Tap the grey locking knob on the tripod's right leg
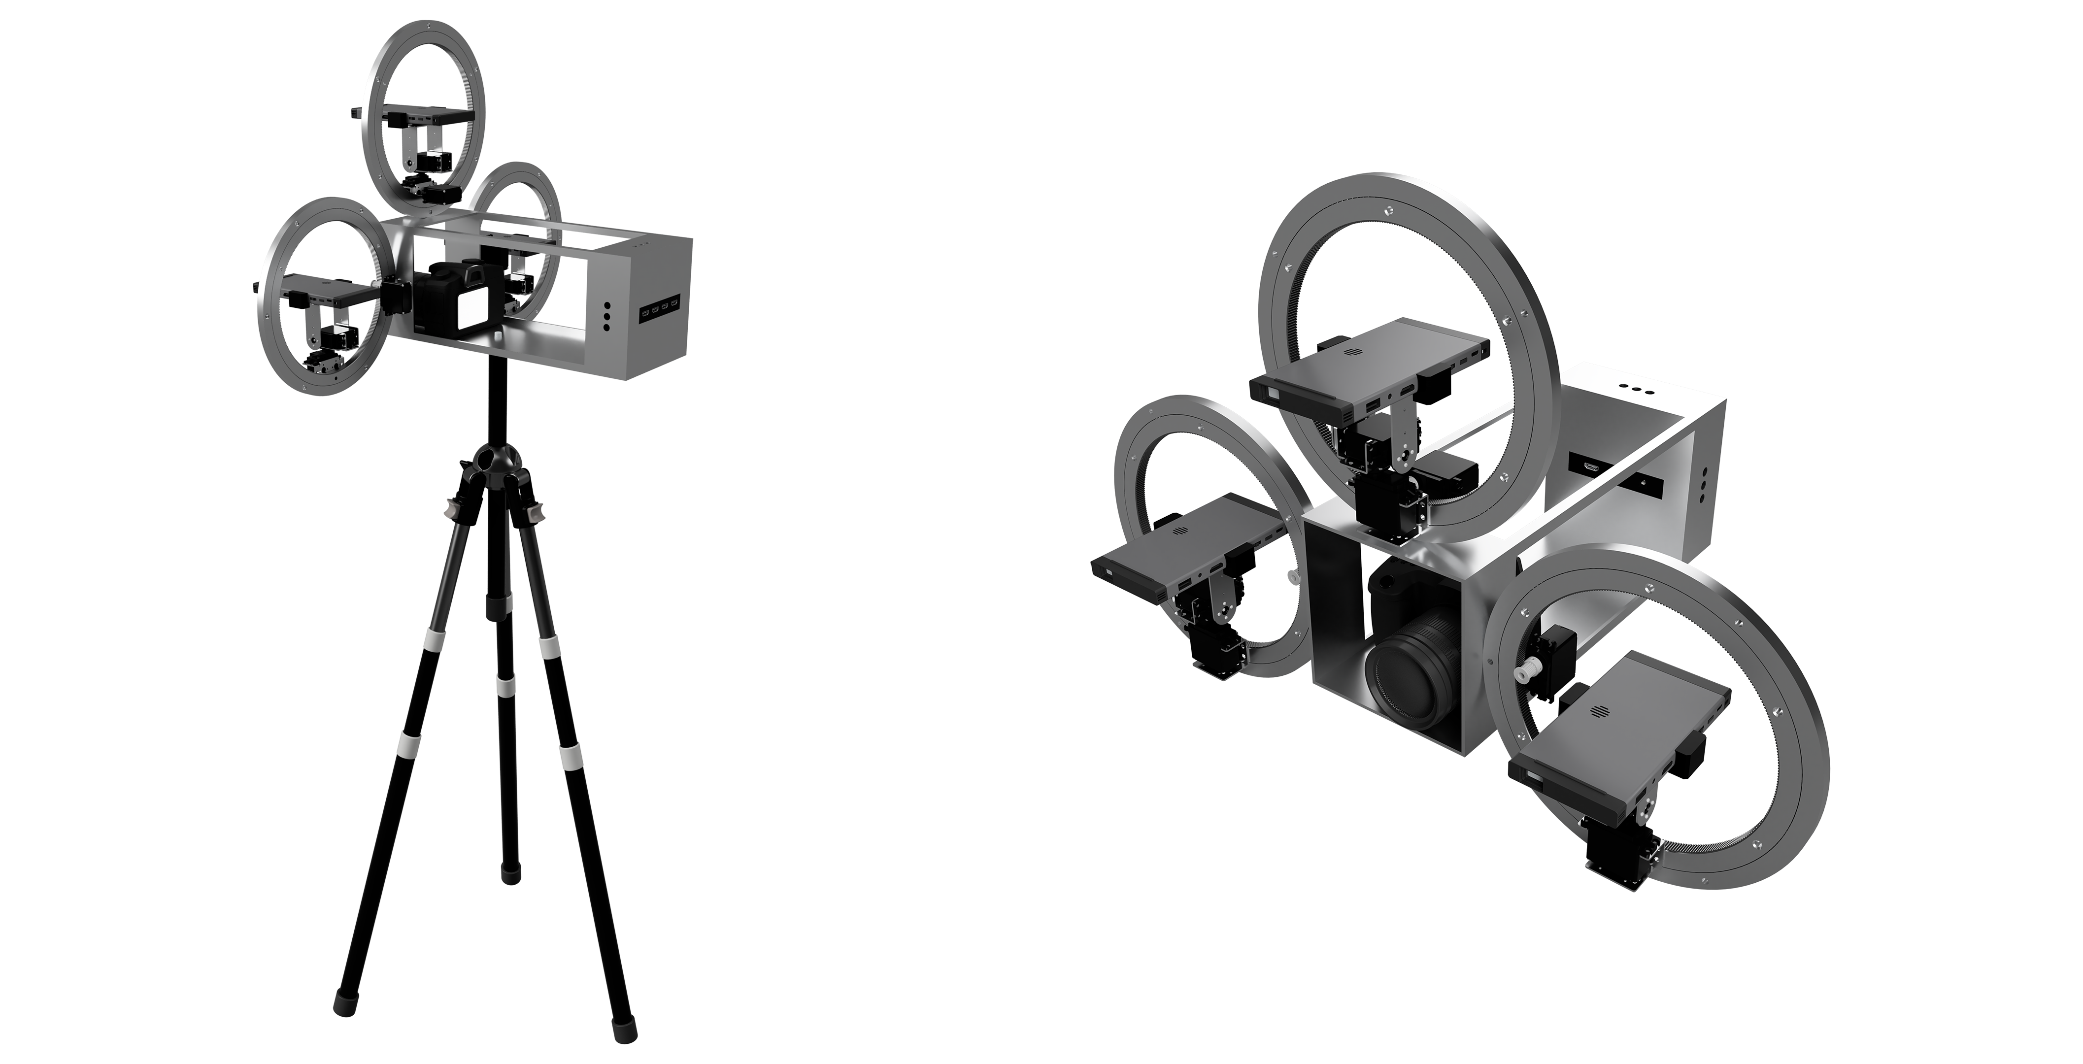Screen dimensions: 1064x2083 pyautogui.click(x=536, y=514)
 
